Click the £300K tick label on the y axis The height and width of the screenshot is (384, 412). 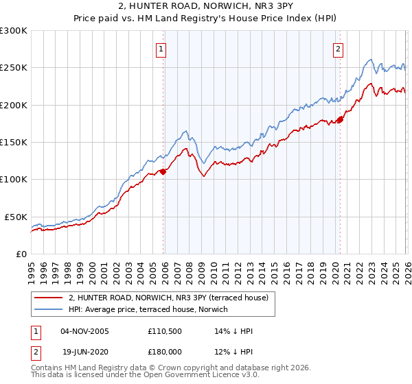pyautogui.click(x=14, y=31)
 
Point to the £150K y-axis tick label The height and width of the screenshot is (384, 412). pyautogui.click(x=14, y=142)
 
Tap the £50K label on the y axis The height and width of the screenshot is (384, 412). pyautogui.click(x=16, y=217)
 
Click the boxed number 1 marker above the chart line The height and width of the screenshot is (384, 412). pyautogui.click(x=161, y=49)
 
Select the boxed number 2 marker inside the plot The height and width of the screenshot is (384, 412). pyautogui.click(x=339, y=49)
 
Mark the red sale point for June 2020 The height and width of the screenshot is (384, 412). pyautogui.click(x=340, y=120)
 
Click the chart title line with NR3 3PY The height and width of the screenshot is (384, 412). pyautogui.click(x=206, y=8)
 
